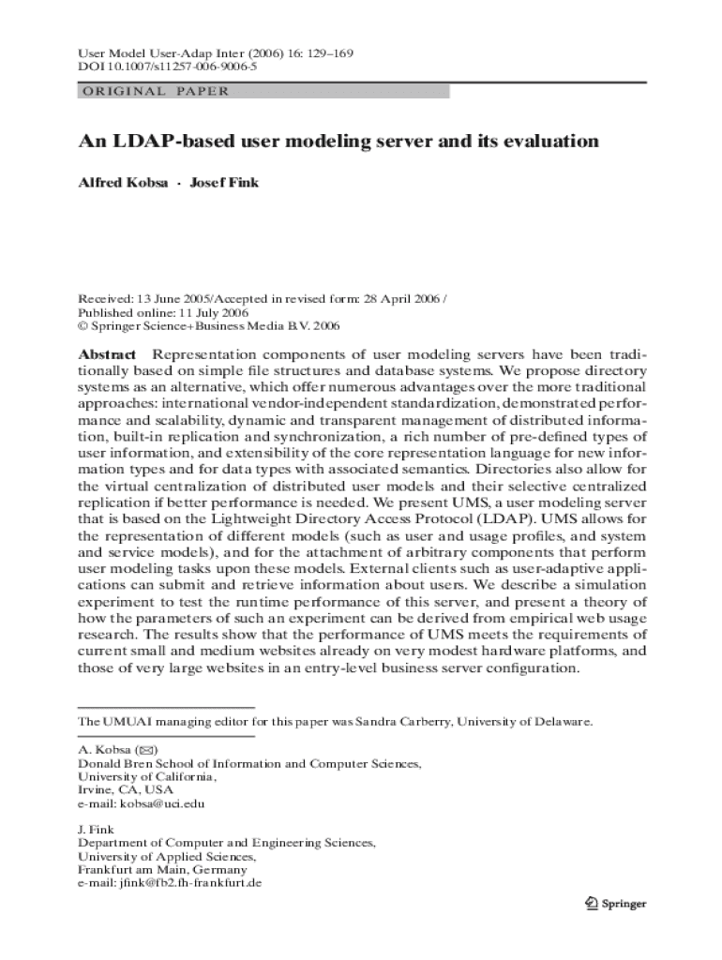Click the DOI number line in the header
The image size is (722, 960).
click(168, 68)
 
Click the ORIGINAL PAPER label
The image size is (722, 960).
click(155, 92)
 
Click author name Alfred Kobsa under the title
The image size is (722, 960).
click(123, 183)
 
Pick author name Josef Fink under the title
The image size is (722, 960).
click(225, 183)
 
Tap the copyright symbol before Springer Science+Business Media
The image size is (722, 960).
click(83, 326)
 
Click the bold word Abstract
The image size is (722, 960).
click(107, 355)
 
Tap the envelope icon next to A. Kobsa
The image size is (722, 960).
click(147, 751)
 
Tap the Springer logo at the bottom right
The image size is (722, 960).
click(615, 904)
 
